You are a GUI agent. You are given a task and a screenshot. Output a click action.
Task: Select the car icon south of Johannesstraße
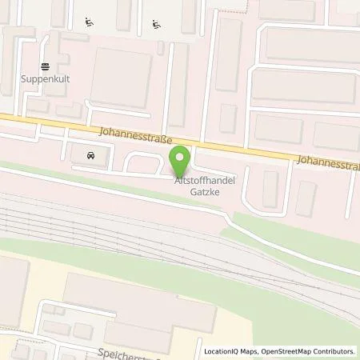[89, 154]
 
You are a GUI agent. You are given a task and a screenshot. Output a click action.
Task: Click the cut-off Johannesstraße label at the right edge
[326, 161]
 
